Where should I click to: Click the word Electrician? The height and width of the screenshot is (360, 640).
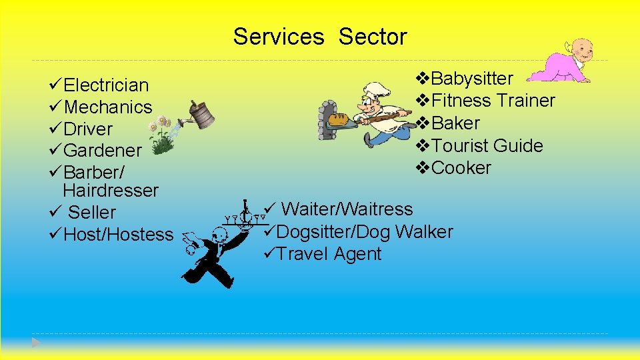pyautogui.click(x=106, y=85)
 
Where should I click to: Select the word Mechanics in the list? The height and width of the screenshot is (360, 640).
pyautogui.click(x=109, y=107)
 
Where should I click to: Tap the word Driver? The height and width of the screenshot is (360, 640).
pyautogui.click(x=88, y=129)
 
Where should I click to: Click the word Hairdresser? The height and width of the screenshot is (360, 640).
pyautogui.click(x=111, y=191)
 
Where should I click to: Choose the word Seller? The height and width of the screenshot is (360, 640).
pyautogui.click(x=92, y=213)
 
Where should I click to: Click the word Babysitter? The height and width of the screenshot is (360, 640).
pyautogui.click(x=472, y=79)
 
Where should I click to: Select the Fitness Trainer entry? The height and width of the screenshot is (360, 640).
pyautogui.click(x=493, y=101)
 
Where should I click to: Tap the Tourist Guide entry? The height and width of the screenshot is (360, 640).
pyautogui.click(x=487, y=146)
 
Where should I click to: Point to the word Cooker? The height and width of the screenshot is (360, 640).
pyautogui.click(x=461, y=168)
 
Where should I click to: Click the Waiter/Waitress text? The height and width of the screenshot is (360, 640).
pyautogui.click(x=347, y=209)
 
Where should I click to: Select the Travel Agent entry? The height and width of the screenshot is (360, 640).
pyautogui.click(x=329, y=254)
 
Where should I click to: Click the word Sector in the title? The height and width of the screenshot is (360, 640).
pyautogui.click(x=372, y=37)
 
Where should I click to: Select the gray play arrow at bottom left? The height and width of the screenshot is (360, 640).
pyautogui.click(x=37, y=343)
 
